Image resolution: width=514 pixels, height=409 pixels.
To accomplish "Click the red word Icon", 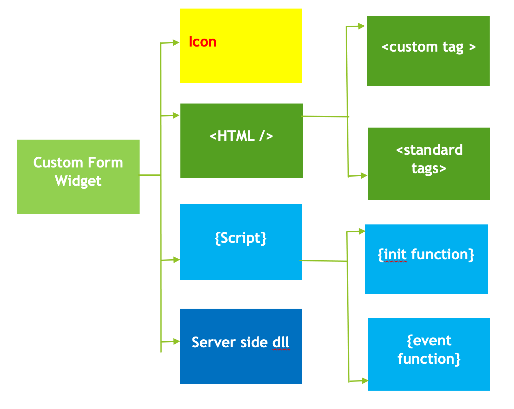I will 203,42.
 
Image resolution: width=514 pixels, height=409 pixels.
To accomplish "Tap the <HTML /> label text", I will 241,136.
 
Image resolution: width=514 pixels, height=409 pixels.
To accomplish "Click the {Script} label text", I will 241,238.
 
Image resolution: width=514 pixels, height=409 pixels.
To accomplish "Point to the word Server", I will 214,343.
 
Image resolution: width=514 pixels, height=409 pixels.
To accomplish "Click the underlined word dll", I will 281,343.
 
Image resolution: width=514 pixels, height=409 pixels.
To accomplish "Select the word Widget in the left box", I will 78,181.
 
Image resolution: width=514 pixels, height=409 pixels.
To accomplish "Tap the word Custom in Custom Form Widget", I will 58,163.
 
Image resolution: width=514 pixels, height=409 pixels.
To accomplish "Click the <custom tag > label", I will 429,47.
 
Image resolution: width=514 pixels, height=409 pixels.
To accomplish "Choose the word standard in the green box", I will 433,150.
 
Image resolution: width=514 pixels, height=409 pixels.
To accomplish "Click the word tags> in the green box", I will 429,168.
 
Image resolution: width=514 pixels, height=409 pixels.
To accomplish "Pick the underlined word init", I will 395,255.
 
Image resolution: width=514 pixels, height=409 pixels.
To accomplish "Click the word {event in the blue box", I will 429,341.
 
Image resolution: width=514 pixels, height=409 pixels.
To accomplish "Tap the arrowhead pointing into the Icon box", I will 176,42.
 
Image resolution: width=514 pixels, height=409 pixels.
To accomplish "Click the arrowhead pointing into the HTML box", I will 176,115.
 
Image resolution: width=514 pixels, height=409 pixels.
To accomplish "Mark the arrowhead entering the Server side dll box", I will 176,341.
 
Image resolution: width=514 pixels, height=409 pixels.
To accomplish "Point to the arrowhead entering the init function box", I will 361,231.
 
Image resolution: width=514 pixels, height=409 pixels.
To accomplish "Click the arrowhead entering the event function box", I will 364,381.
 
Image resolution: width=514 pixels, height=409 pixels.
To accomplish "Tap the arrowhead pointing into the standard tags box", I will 364,175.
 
